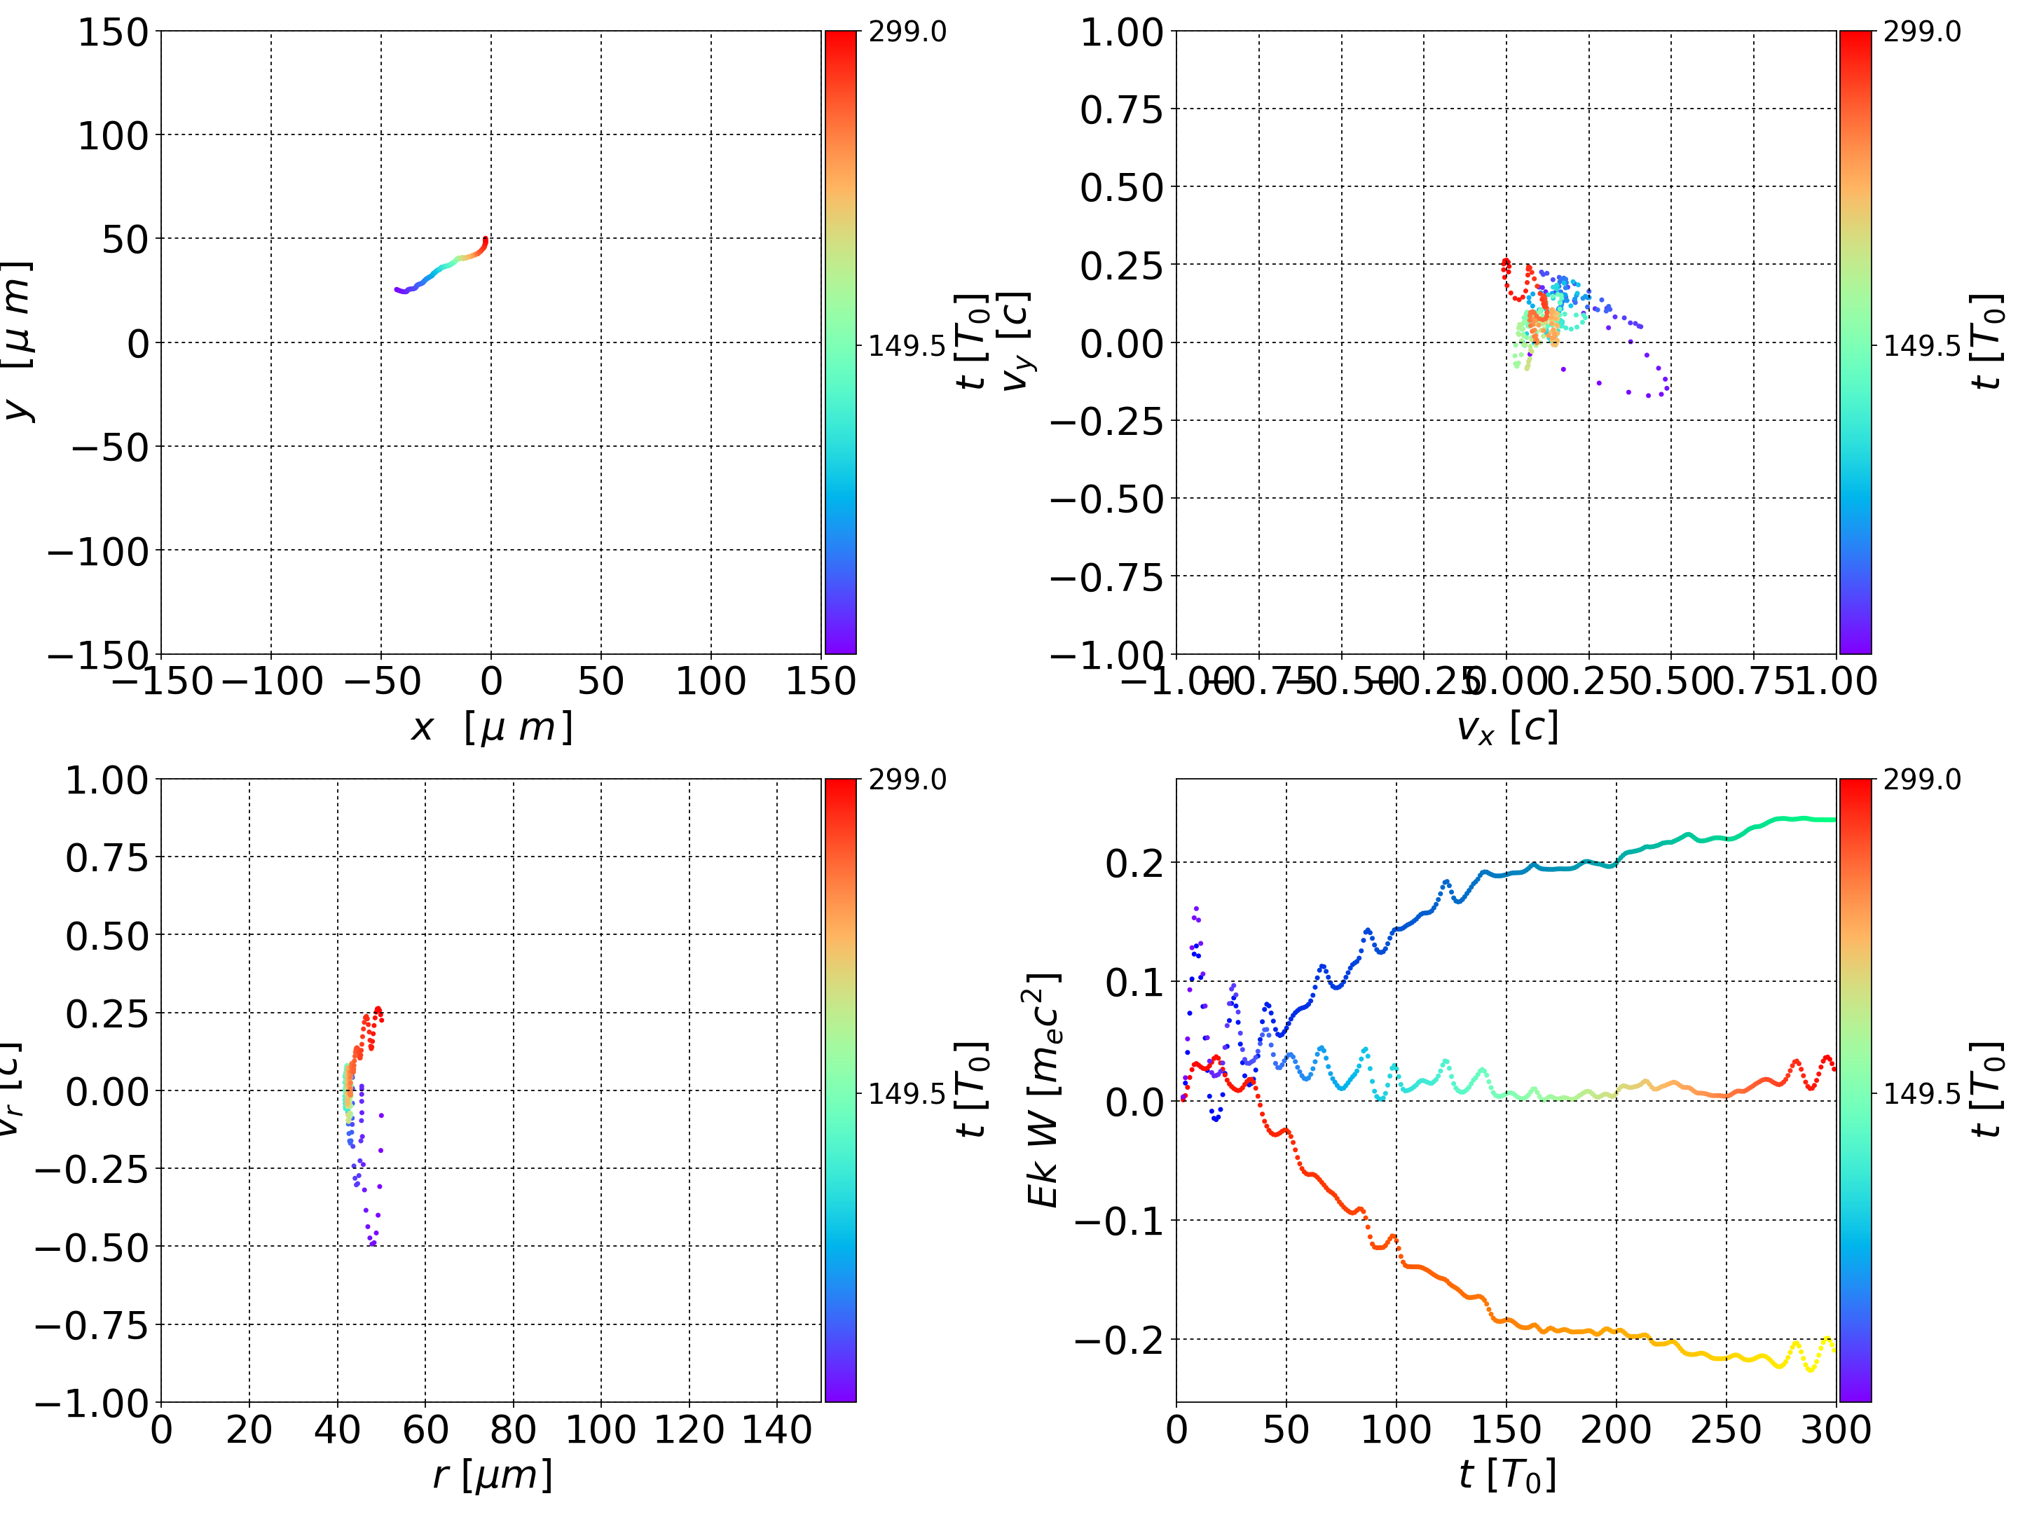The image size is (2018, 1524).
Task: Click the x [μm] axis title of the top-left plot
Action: click(x=490, y=728)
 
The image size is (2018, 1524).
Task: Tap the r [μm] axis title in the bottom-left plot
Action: click(x=492, y=1475)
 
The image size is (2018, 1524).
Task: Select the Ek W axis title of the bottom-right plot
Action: click(x=1043, y=1090)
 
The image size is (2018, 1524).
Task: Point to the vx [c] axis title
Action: click(x=1506, y=728)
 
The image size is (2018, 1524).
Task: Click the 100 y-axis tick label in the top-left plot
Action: click(x=112, y=136)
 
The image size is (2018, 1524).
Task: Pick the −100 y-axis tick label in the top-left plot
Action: click(x=97, y=552)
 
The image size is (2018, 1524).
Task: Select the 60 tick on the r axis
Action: click(x=425, y=1430)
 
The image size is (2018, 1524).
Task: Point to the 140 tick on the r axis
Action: click(x=776, y=1430)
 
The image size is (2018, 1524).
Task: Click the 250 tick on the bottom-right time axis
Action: click(x=1726, y=1430)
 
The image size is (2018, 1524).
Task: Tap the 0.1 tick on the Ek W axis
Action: click(x=1134, y=983)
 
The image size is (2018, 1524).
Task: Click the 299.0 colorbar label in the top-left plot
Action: click(x=907, y=32)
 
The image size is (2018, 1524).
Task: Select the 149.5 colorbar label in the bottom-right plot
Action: click(x=1921, y=1093)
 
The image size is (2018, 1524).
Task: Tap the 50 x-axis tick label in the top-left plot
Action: click(x=601, y=682)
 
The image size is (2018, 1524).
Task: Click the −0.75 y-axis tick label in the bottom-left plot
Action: click(x=91, y=1325)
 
